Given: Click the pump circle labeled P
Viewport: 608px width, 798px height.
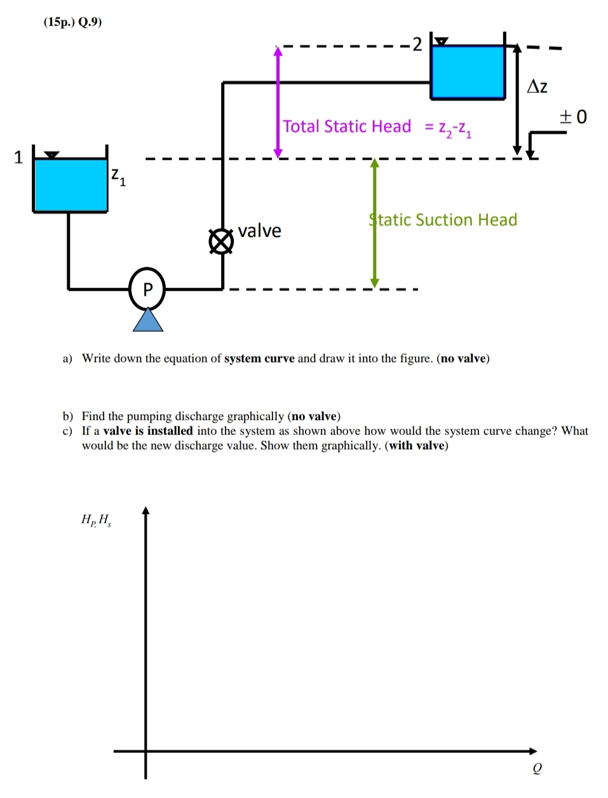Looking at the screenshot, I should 147,289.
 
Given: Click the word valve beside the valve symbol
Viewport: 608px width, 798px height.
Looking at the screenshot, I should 259,231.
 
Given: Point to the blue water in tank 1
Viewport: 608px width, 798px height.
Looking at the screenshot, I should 71,185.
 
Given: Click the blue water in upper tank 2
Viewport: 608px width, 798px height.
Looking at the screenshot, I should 468,71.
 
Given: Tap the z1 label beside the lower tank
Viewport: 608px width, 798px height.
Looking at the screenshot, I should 118,176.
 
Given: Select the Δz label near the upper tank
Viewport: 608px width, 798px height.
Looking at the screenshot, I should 537,86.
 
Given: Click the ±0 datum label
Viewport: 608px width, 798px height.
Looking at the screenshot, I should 573,117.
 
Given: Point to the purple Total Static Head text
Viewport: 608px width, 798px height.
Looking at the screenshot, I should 347,127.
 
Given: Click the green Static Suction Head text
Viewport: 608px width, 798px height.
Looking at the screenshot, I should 443,220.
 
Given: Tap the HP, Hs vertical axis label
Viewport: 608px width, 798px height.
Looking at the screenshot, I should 96,520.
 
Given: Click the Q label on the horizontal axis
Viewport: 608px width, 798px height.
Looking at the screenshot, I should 537,769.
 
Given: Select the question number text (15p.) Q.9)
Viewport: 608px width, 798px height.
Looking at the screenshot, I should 72,22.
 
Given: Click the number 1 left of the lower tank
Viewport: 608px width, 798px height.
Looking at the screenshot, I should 18,157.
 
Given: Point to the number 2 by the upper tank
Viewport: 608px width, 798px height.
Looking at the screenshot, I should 417,45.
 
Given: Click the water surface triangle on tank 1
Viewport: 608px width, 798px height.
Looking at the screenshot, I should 52,155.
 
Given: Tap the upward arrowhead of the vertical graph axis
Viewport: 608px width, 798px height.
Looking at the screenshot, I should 145,511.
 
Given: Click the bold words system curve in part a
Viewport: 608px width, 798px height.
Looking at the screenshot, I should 259,359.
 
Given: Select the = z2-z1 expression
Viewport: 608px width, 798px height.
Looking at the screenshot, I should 448,128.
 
